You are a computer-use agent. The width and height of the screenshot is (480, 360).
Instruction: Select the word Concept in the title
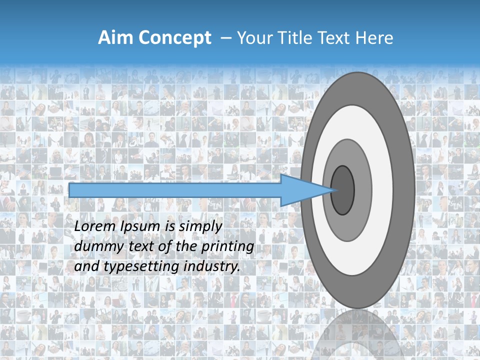(175, 38)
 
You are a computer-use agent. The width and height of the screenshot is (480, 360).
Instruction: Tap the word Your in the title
(253, 38)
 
